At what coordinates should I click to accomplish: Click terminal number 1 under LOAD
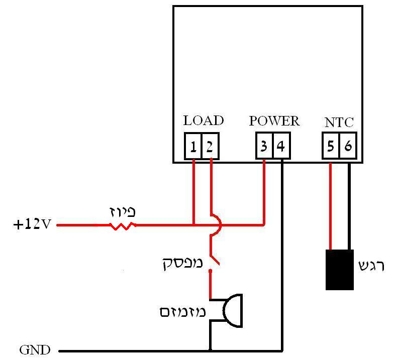tap(193, 146)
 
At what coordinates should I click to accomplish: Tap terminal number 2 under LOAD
tap(210, 146)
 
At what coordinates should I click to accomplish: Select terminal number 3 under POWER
tap(264, 146)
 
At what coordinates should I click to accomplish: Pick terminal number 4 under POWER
tap(281, 146)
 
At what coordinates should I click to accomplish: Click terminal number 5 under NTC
tap(331, 146)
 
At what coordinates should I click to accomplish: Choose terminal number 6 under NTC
tap(348, 146)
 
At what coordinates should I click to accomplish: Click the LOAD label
tap(203, 121)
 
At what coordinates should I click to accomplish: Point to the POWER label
tap(274, 121)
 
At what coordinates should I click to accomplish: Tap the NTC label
tap(339, 122)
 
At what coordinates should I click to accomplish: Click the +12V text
tap(32, 224)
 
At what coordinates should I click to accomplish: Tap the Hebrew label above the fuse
tap(123, 212)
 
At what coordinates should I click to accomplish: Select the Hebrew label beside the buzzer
tap(182, 312)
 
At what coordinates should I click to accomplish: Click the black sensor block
tap(339, 270)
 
